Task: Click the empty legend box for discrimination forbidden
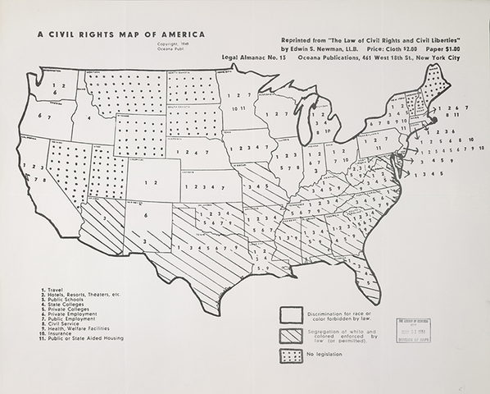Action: pos(291,315)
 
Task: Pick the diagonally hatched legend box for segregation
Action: pos(291,335)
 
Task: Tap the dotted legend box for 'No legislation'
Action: pos(291,355)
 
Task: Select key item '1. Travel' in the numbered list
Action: pos(52,290)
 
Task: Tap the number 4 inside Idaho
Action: pos(84,117)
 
